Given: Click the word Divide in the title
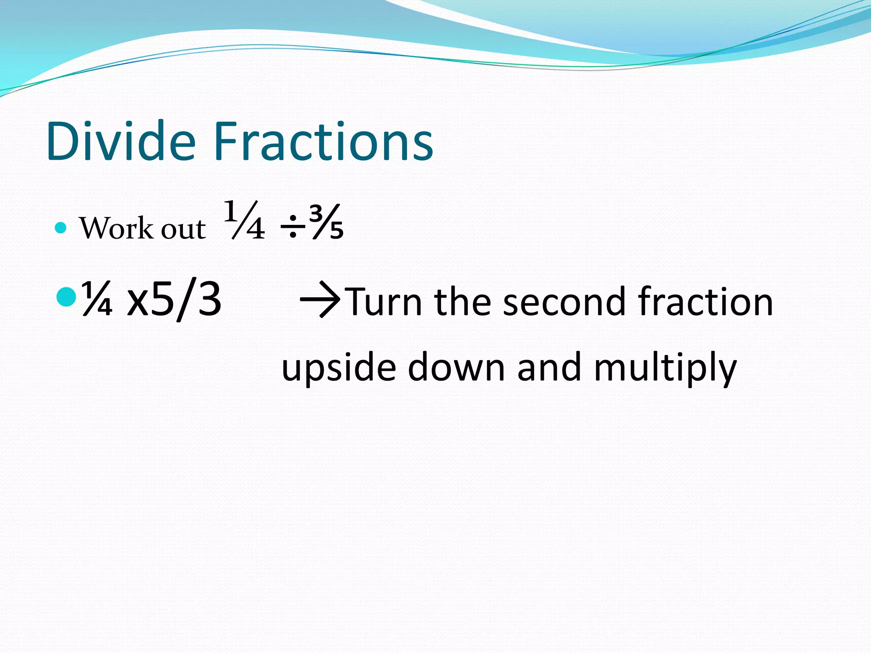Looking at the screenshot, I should click(121, 141).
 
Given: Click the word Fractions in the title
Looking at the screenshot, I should click(323, 141).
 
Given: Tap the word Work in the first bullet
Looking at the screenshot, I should click(116, 228).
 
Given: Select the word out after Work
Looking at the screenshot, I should click(183, 230).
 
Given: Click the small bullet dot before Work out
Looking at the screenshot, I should click(61, 228).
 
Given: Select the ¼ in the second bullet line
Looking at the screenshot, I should click(97, 298).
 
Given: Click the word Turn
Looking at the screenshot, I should click(385, 302).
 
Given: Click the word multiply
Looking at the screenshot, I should click(665, 368).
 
